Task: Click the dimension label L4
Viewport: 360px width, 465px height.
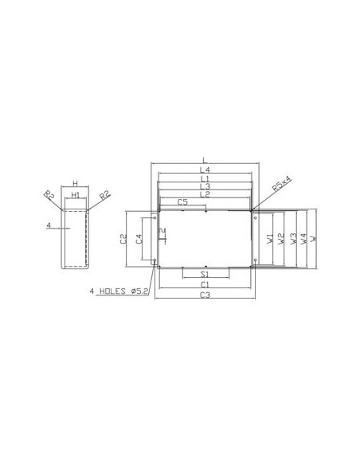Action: click(205, 170)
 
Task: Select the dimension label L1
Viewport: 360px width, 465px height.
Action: click(205, 178)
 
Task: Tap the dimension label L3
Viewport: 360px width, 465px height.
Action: click(205, 186)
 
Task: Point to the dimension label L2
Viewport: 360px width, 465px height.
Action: click(205, 194)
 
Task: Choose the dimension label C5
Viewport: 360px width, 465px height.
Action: click(182, 203)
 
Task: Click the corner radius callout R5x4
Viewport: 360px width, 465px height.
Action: click(282, 184)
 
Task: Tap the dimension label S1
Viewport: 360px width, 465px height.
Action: click(205, 274)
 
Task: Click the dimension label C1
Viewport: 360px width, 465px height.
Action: click(205, 283)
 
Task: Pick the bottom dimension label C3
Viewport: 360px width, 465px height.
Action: click(205, 295)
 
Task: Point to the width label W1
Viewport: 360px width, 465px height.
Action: click(270, 238)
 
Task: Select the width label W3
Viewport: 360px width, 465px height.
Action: click(294, 238)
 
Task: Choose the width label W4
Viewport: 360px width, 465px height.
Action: click(303, 238)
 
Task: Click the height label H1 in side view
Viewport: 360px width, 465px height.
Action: click(75, 193)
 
